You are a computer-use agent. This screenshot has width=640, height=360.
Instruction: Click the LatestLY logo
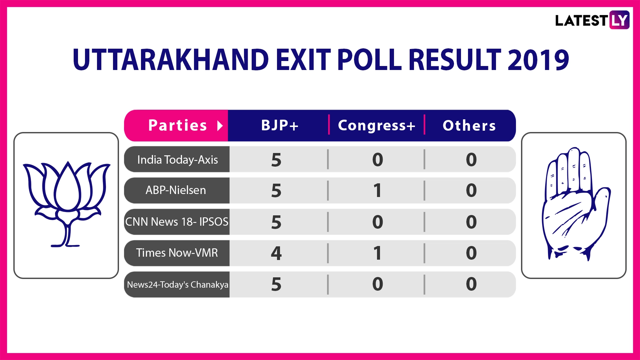592,20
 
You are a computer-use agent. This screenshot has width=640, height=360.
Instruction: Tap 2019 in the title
538,60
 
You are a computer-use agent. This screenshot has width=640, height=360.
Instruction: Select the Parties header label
178,125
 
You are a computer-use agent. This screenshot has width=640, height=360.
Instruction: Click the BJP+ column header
280,125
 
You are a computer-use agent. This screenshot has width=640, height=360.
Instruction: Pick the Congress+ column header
377,126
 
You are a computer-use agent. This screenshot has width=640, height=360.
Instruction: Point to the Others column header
469,126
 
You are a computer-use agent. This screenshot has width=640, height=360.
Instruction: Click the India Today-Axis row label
178,160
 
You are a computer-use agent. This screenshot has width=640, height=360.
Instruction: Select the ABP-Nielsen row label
176,190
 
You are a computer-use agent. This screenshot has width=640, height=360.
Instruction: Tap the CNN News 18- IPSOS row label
177,222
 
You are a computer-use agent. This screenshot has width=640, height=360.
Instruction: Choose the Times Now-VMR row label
177,253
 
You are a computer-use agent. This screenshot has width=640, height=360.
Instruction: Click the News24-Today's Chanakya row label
178,284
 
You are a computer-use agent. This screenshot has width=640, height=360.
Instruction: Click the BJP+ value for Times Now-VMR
276,253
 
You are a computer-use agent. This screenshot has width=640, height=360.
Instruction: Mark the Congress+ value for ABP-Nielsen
377,190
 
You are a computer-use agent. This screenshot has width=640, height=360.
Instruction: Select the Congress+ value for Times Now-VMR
377,253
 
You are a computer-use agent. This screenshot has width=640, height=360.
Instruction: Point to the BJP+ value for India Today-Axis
276,160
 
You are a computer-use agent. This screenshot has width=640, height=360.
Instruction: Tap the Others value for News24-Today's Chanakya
471,284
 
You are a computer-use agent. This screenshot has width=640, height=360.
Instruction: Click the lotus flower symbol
67,204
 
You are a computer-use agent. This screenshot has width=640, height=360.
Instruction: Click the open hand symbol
576,204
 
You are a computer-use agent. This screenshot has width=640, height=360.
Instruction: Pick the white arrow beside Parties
220,126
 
